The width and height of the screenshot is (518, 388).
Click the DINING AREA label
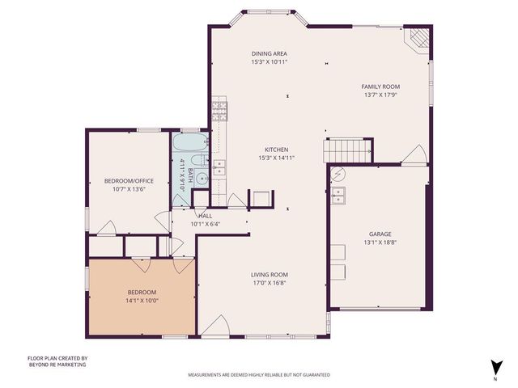(x=269, y=53)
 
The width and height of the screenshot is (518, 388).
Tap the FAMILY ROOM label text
(x=380, y=86)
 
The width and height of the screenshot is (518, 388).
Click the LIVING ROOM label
(x=269, y=275)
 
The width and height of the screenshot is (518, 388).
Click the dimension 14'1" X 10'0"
(x=142, y=300)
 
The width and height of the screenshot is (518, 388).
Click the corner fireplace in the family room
(x=417, y=39)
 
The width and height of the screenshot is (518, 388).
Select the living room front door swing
(x=214, y=326)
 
